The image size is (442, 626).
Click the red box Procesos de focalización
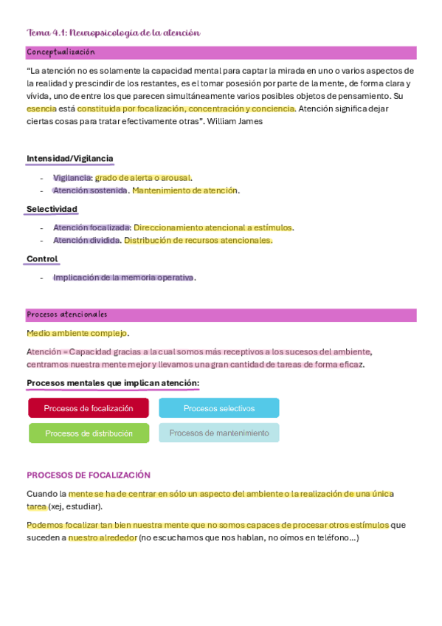point(89,408)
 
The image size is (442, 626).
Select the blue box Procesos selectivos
point(219,408)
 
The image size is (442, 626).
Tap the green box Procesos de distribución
point(89,433)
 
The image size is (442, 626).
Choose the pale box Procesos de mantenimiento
point(219,433)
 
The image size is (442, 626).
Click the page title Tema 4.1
point(113,32)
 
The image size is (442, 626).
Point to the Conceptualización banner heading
point(61,52)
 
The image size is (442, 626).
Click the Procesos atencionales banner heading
point(67,314)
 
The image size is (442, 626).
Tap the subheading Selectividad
point(52,209)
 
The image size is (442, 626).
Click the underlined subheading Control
point(42,259)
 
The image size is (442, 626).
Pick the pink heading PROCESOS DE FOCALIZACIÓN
point(89,475)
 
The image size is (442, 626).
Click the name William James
point(235,122)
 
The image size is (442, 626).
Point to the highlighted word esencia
point(41,109)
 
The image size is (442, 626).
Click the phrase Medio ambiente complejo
point(77,333)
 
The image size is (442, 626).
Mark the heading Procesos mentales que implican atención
point(113,383)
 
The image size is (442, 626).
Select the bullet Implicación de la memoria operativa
point(123,278)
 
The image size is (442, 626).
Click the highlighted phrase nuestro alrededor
point(103,538)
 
